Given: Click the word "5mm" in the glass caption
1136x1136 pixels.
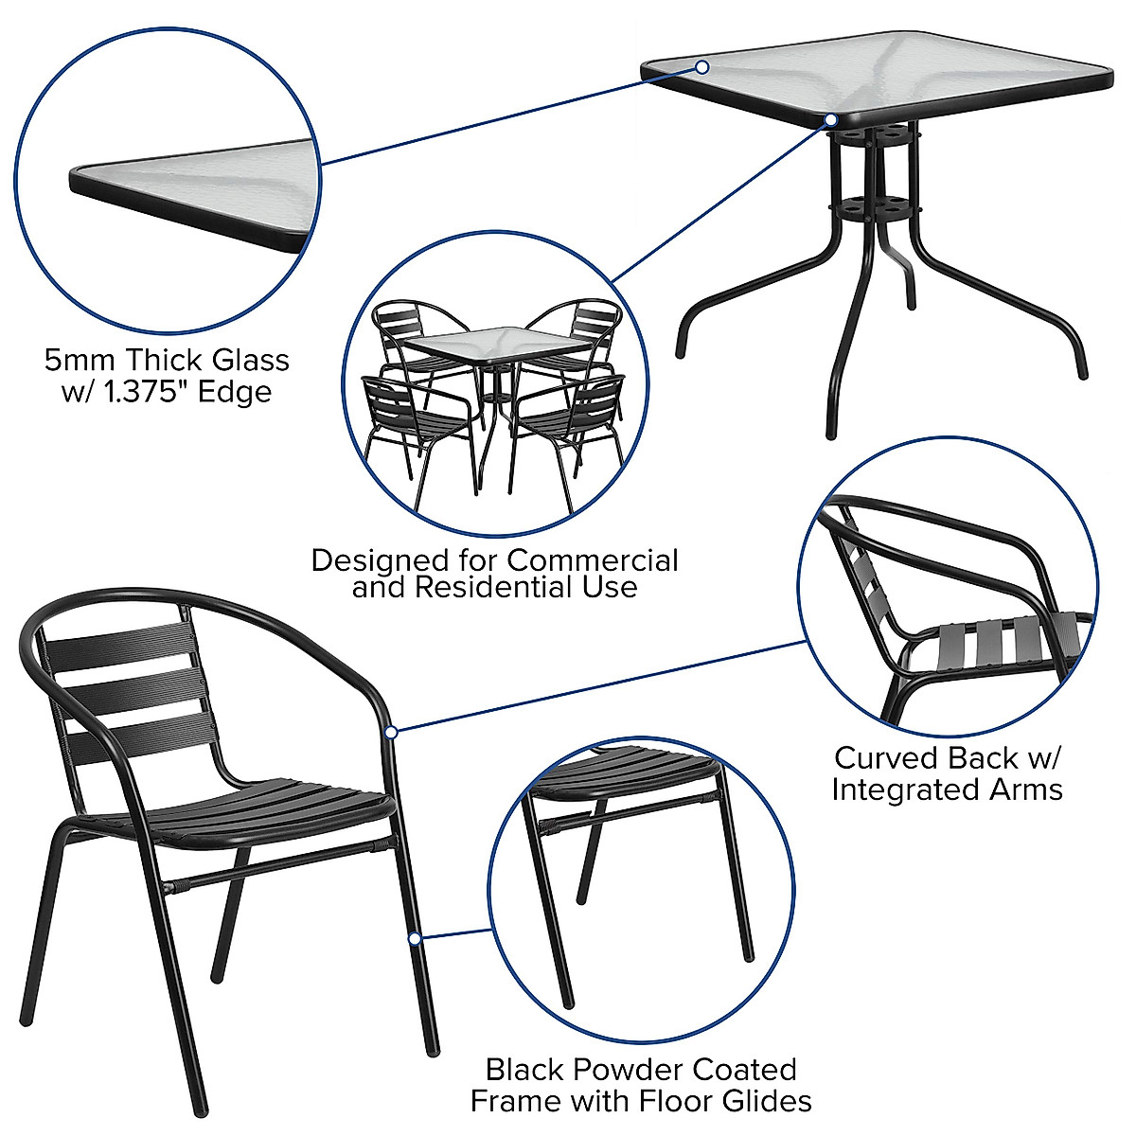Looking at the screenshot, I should click(x=81, y=361).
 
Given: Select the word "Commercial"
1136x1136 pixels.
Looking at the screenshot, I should click(x=593, y=560).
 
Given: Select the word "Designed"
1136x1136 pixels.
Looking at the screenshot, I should click(x=379, y=560).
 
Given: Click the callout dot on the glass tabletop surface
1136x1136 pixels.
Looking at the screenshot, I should click(x=702, y=67).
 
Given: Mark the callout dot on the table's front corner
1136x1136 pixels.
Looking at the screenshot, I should click(x=830, y=120).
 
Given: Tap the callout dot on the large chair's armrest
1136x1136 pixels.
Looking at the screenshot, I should click(x=392, y=731).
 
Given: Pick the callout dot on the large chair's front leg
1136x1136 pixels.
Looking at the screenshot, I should click(x=414, y=938).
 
